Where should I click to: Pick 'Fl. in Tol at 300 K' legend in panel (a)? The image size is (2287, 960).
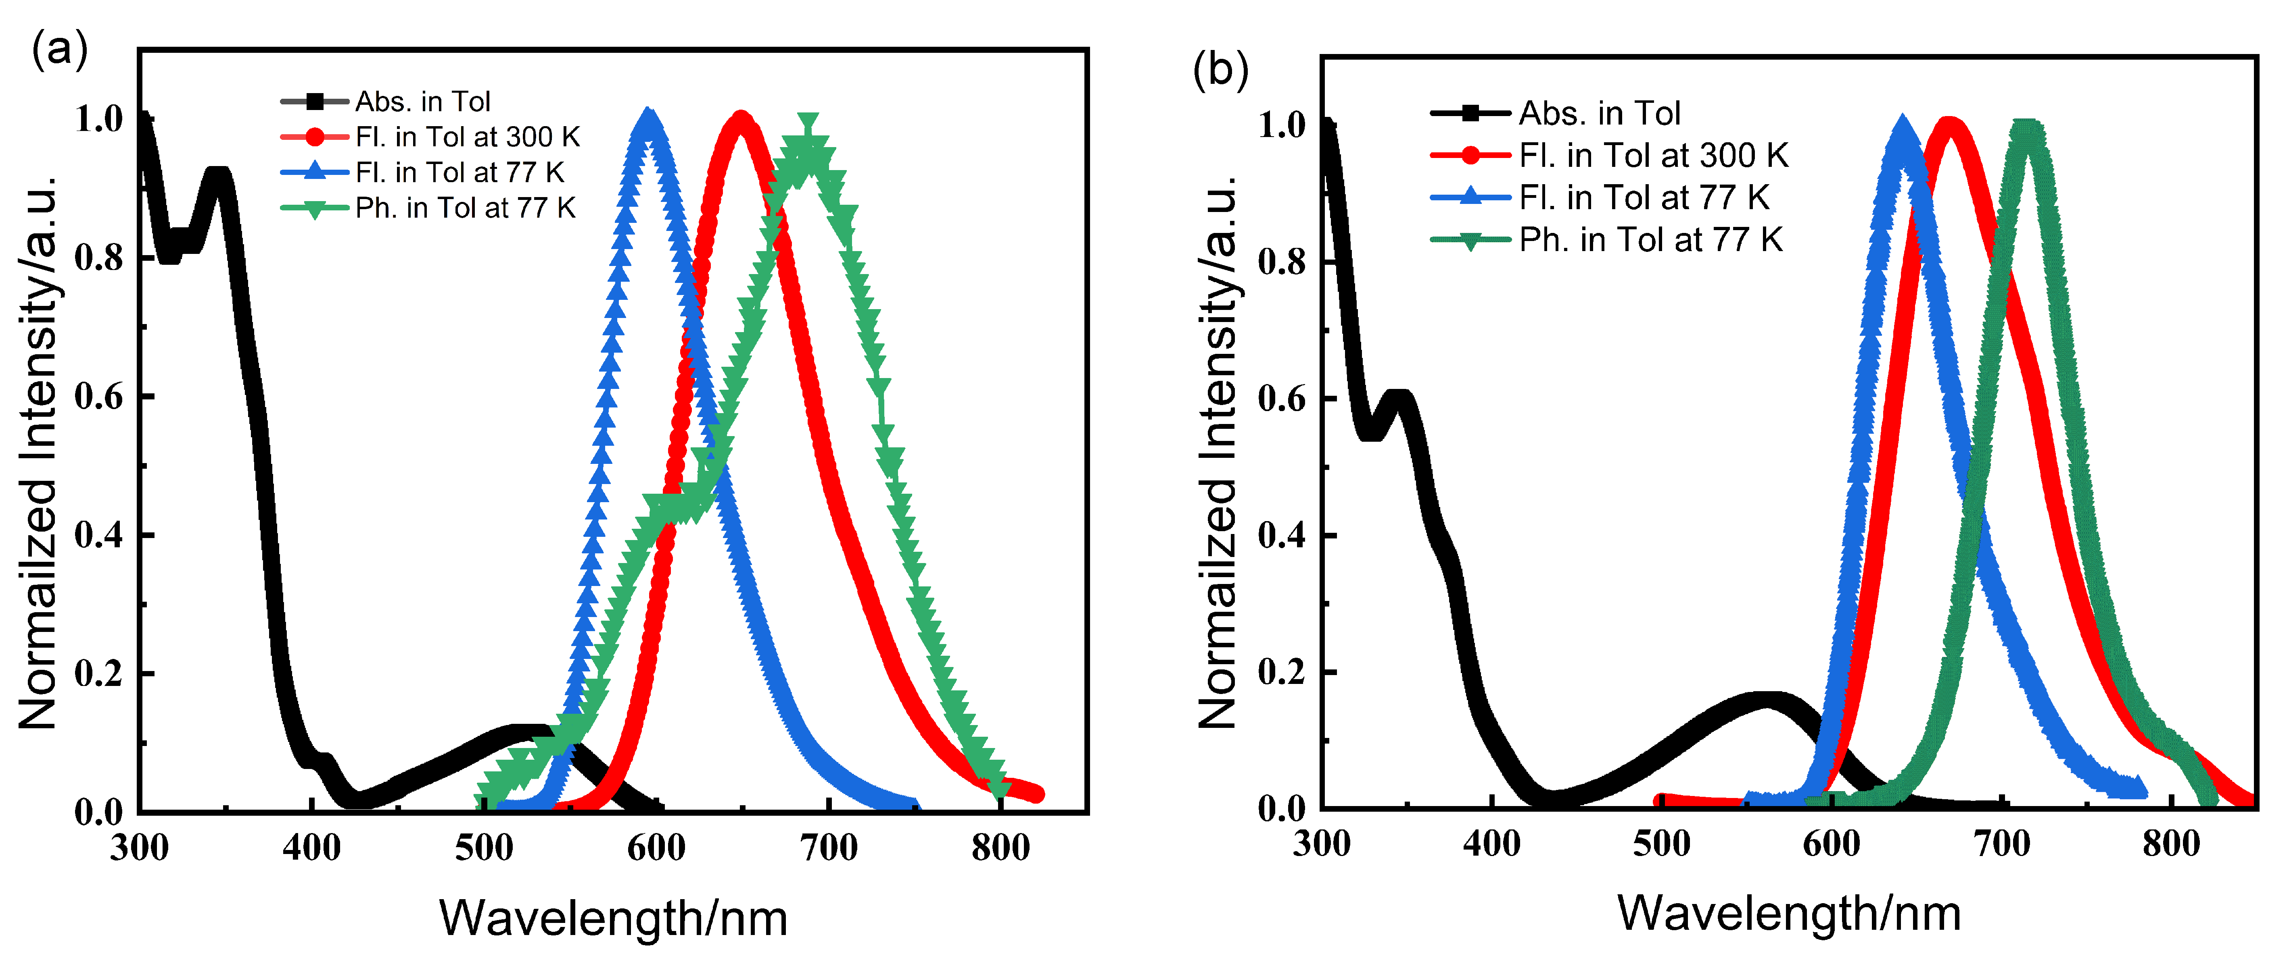(467, 137)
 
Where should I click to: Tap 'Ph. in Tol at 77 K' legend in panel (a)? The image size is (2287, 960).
(465, 208)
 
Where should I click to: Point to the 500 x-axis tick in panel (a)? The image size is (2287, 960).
(484, 847)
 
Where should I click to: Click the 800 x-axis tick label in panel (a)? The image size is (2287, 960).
(1000, 847)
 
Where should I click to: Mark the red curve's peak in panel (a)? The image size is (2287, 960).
(740, 120)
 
